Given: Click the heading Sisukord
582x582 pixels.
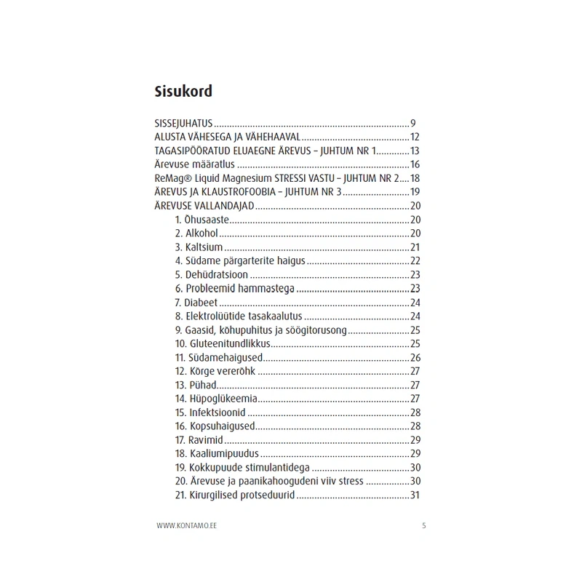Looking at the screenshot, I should tap(183, 92).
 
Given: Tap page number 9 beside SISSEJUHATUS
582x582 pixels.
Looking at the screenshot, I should tap(412, 123).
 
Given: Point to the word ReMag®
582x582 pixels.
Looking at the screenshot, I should tap(172, 178).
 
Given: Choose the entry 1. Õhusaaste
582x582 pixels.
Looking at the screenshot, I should tap(202, 220).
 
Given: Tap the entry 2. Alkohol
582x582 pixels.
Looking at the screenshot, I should tap(196, 234).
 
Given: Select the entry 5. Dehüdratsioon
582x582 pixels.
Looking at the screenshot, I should tap(211, 275).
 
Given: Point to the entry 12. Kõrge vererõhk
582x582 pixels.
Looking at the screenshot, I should tap(216, 371).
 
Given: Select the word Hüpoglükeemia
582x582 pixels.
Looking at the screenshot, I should tap(224, 399).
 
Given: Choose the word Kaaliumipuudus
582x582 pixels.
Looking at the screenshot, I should tap(228, 454).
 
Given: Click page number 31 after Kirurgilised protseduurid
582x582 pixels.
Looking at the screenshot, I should tap(416, 495).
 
